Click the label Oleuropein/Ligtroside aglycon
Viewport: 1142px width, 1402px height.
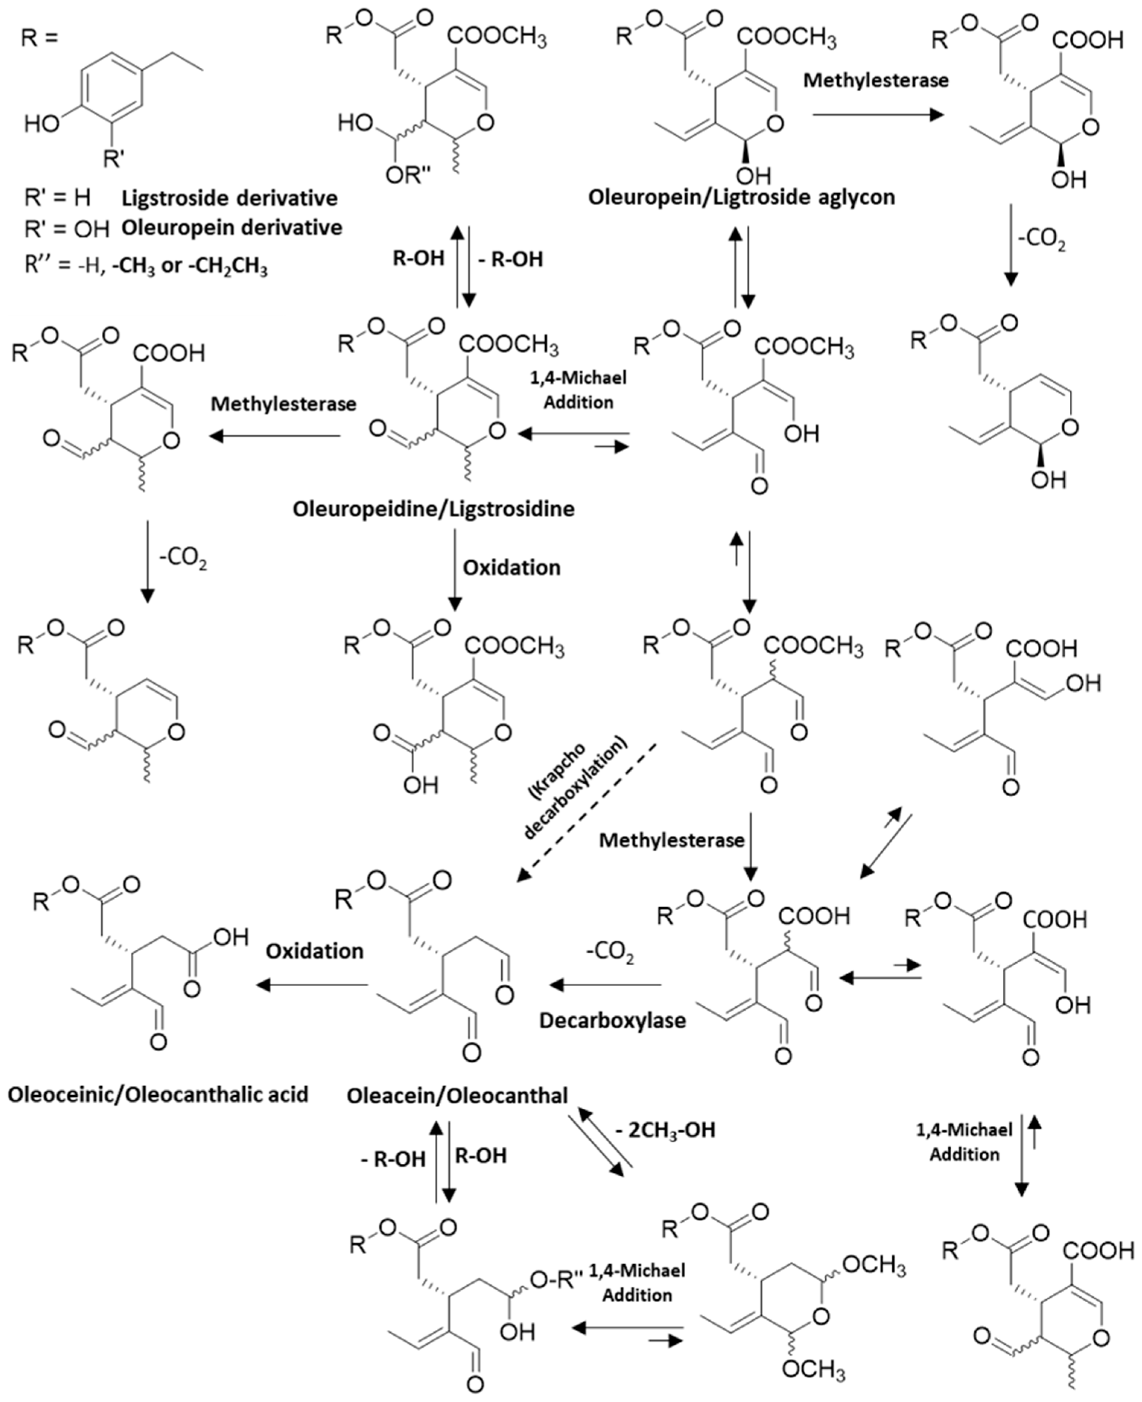[741, 197]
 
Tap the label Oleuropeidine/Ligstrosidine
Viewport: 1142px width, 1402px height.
[434, 508]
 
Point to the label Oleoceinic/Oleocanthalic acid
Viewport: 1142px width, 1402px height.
[158, 1094]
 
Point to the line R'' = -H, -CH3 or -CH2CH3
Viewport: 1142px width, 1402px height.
[145, 266]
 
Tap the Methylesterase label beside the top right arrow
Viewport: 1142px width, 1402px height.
[876, 80]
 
